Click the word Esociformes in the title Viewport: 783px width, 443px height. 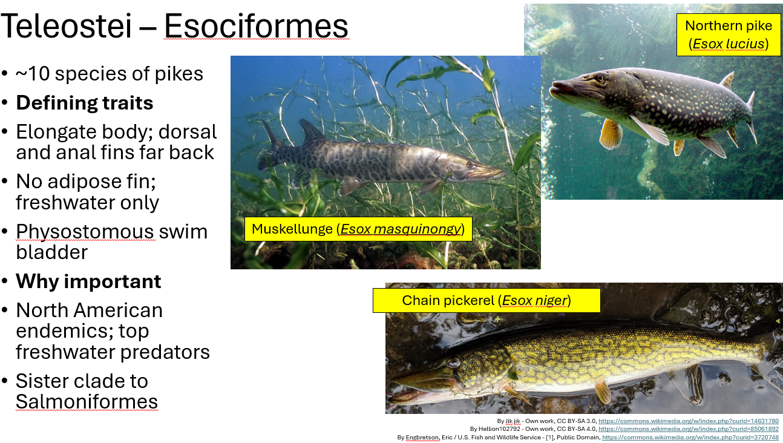256,26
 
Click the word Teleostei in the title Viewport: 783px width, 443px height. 70,26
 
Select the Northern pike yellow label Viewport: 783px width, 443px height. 729,34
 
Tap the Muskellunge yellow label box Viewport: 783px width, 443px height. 358,229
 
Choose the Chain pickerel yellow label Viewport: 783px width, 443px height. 486,300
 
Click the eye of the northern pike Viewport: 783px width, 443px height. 600,78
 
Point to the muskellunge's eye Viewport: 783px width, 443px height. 469,164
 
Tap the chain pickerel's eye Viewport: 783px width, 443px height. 453,363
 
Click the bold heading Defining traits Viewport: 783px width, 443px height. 85,103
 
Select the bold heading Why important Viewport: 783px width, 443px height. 88,281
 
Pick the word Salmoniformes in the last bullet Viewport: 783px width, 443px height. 87,401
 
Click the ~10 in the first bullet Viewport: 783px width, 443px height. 30,74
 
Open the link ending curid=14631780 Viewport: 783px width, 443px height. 688,421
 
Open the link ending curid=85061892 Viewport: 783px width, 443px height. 688,428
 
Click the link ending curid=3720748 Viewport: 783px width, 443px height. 690,437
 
